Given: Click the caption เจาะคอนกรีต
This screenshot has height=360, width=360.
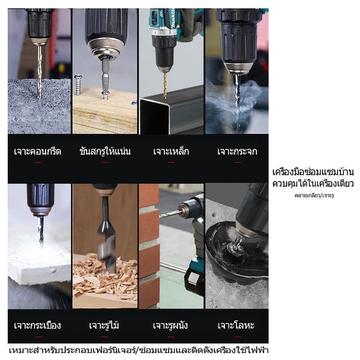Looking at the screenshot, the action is point(38,152).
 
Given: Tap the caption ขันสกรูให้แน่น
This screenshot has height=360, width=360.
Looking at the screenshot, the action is point(105,151).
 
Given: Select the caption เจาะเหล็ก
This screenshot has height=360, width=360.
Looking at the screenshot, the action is point(171,152).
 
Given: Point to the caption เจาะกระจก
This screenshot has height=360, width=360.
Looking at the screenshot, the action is point(237,152).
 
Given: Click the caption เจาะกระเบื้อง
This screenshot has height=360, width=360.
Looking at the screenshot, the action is point(37,325).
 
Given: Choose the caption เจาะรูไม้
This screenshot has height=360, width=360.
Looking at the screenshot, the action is point(104,325).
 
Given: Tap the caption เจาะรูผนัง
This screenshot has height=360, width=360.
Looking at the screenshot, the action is point(171,325).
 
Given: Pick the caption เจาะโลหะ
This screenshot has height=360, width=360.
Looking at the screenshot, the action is point(236,325).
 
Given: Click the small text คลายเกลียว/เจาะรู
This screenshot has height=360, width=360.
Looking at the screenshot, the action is point(314,195).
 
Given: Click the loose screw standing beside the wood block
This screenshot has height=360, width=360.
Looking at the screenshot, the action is point(78,84).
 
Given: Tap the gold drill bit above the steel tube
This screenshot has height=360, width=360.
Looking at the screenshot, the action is point(165,85).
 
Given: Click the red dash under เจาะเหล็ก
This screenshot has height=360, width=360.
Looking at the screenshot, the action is point(171,162).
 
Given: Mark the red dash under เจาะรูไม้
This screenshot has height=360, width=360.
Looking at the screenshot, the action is point(105,337).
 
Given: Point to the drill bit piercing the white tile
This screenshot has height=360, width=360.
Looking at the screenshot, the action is point(41,231).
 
